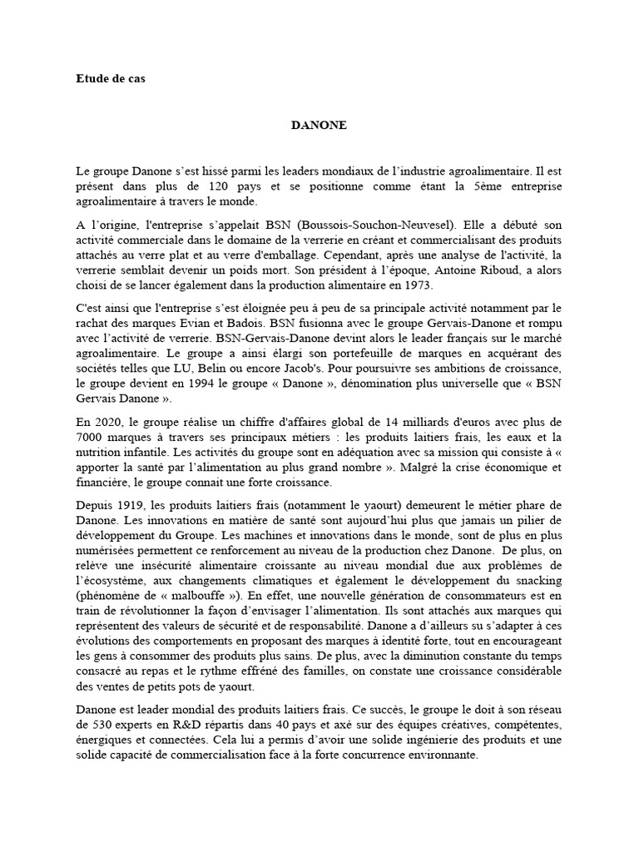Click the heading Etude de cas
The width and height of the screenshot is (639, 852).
(110, 79)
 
